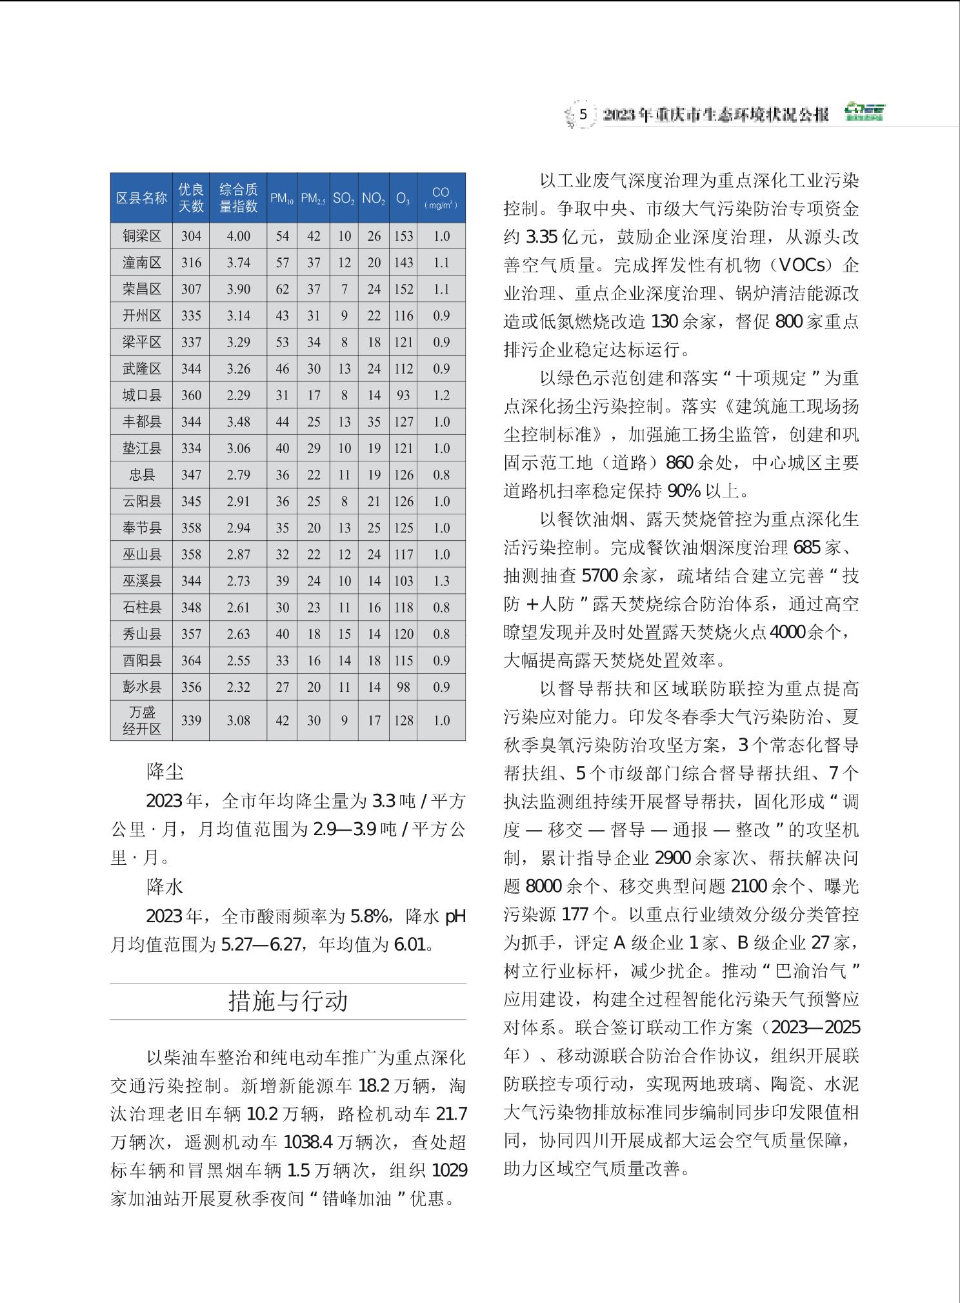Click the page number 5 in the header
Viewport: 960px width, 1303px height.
pyautogui.click(x=583, y=115)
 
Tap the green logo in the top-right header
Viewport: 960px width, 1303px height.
pyautogui.click(x=865, y=112)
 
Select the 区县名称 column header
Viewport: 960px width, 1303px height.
pyautogui.click(x=141, y=198)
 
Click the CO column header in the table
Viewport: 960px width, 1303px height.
pyautogui.click(x=441, y=197)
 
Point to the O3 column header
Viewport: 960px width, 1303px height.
pyautogui.click(x=403, y=199)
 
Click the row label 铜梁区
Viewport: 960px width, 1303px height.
pyautogui.click(x=142, y=236)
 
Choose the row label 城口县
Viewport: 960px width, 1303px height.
pyautogui.click(x=142, y=395)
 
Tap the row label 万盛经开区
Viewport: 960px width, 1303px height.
pyautogui.click(x=142, y=720)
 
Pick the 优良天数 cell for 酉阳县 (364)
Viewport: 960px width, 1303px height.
pyautogui.click(x=191, y=660)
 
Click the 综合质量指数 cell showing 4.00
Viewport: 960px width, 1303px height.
pyautogui.click(x=238, y=236)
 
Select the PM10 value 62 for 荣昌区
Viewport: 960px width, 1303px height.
pyautogui.click(x=282, y=289)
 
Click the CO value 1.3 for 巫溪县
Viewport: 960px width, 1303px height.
pyautogui.click(x=441, y=581)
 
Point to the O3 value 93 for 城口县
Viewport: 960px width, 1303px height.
pyautogui.click(x=403, y=395)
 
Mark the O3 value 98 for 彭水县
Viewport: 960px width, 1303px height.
pyautogui.click(x=403, y=687)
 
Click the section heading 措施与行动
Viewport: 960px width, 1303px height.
pyautogui.click(x=288, y=1001)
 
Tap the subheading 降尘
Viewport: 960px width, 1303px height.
pyautogui.click(x=165, y=771)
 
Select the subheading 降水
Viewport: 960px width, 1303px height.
pyautogui.click(x=165, y=887)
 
